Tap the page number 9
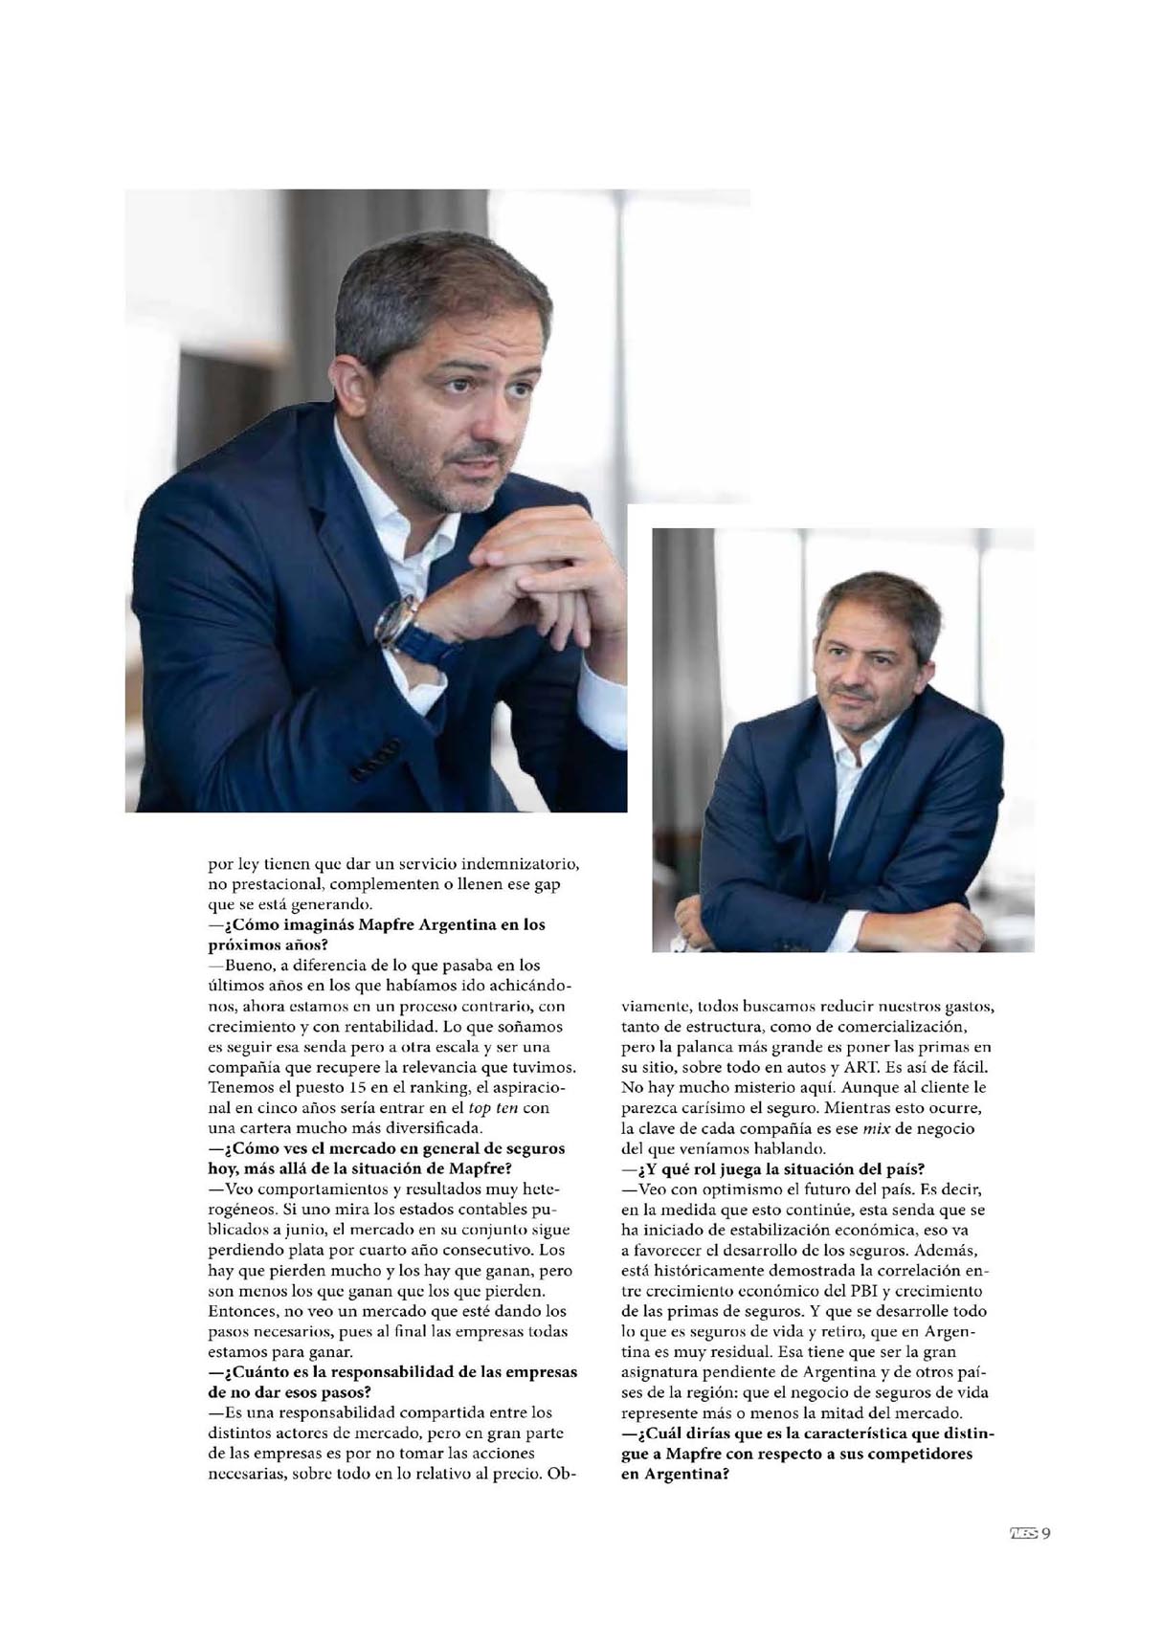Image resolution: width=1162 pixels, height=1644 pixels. (1046, 1533)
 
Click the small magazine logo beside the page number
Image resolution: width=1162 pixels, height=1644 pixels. (1023, 1533)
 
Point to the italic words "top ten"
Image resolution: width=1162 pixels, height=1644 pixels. (493, 1108)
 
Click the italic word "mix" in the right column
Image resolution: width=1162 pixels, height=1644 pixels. (876, 1128)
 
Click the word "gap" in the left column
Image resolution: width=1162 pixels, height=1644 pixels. (547, 884)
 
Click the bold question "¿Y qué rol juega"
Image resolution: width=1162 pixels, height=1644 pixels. (772, 1169)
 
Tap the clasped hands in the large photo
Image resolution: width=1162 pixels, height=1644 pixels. (536, 574)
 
